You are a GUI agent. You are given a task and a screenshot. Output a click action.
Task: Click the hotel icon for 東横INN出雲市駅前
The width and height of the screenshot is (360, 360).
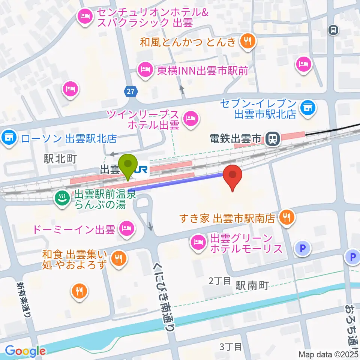144,69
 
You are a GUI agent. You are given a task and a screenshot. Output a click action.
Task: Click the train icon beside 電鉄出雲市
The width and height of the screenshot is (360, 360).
273,139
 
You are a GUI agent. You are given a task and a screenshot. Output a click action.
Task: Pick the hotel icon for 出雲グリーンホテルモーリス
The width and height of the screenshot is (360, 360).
198,243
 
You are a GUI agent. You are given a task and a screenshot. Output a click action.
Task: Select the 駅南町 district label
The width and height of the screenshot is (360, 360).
252,286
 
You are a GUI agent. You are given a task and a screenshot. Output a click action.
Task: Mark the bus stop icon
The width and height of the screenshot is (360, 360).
333,30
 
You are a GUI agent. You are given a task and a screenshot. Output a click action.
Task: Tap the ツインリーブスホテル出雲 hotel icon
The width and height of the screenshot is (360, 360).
191,120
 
